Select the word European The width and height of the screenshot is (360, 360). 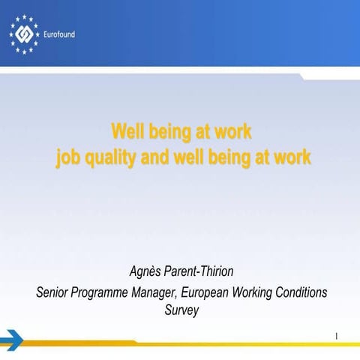pos(224,292)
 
